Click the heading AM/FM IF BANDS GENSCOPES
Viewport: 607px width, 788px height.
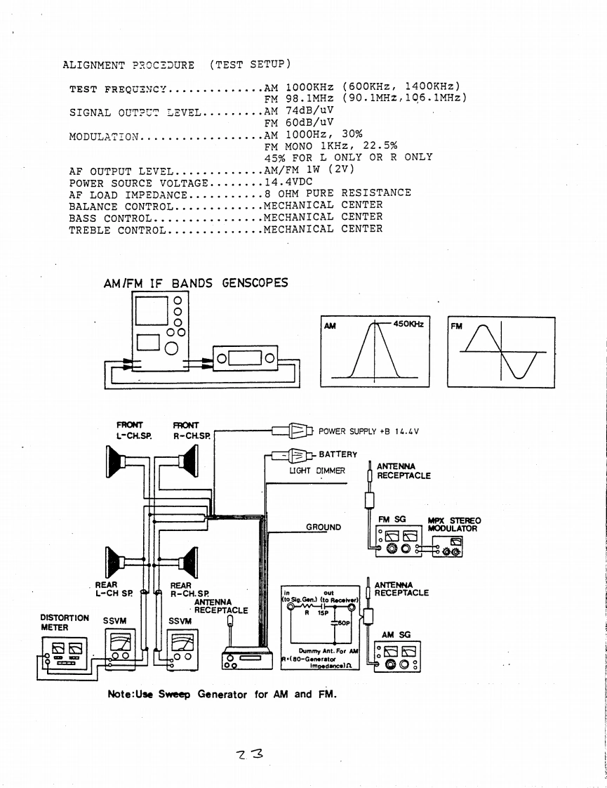(x=195, y=284)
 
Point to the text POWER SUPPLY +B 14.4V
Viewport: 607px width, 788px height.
(x=368, y=431)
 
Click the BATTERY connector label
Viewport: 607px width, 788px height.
(x=338, y=454)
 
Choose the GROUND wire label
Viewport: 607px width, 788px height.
(x=323, y=527)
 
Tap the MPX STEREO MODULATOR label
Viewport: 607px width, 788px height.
(x=454, y=525)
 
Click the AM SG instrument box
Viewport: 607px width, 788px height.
(x=398, y=656)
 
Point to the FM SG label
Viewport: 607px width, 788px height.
(x=392, y=519)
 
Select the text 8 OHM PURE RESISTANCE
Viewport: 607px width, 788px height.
(x=338, y=193)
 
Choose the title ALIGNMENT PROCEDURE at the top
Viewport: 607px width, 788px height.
(x=128, y=66)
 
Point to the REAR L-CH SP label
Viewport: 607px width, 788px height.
(x=114, y=588)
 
